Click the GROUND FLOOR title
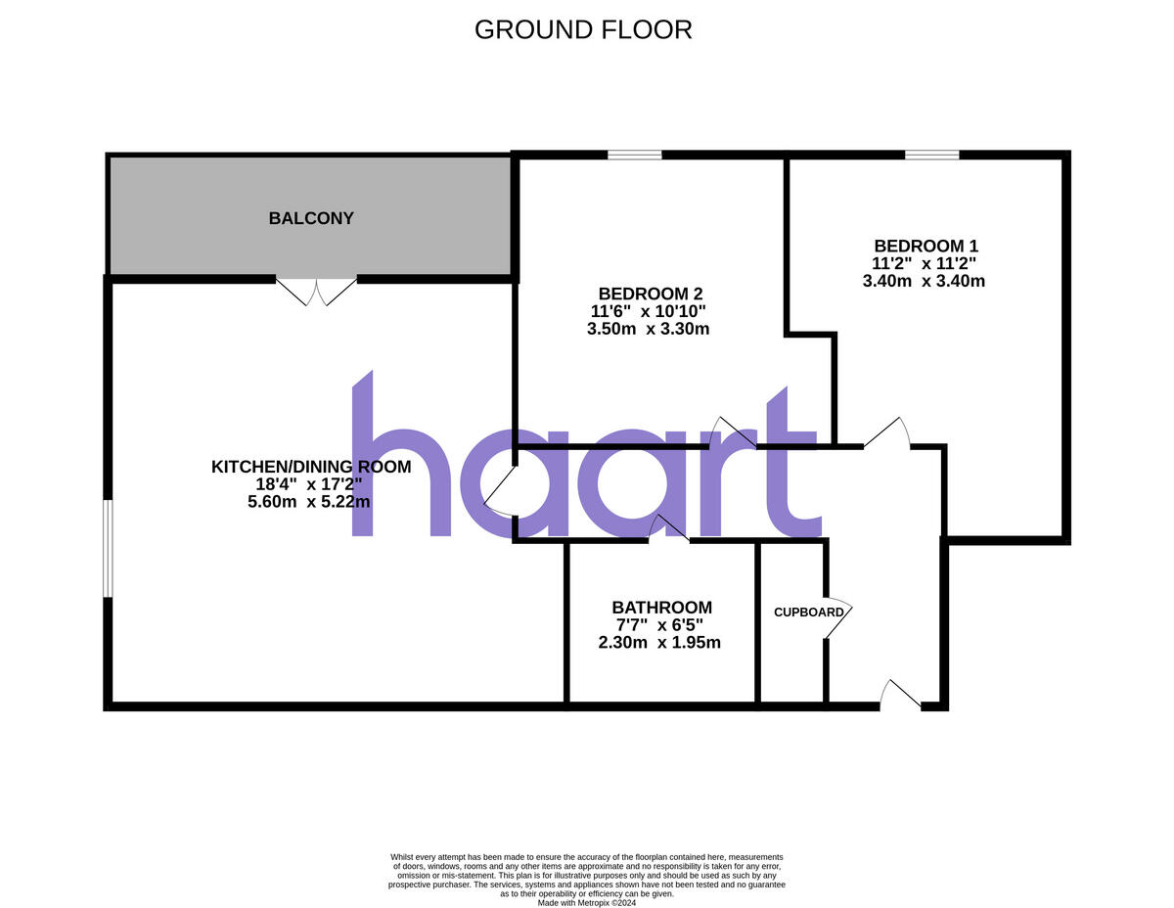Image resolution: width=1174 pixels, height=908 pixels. pyautogui.click(x=583, y=29)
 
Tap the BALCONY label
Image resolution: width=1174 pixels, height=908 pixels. pyautogui.click(x=311, y=218)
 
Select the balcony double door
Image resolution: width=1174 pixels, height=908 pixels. pyautogui.click(x=316, y=291)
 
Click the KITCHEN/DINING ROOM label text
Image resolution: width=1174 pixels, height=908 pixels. pyautogui.click(x=311, y=467)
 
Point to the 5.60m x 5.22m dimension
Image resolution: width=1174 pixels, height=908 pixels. pyautogui.click(x=309, y=502)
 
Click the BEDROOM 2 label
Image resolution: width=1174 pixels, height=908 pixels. pyautogui.click(x=651, y=294)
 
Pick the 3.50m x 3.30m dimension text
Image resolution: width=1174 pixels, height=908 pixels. pyautogui.click(x=648, y=329)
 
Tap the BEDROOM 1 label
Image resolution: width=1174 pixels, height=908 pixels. pyautogui.click(x=926, y=246)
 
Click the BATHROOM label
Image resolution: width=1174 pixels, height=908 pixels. pyautogui.click(x=662, y=608)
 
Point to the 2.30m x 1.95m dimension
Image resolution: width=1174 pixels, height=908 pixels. pyautogui.click(x=659, y=643)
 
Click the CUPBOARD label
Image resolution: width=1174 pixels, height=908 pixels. pyautogui.click(x=809, y=613)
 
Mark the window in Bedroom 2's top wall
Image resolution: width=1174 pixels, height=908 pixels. pyautogui.click(x=634, y=155)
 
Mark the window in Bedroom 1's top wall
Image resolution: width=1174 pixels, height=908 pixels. pyautogui.click(x=931, y=155)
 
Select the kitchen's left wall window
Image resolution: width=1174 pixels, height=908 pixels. pyautogui.click(x=109, y=548)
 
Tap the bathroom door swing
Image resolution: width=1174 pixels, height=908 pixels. pyautogui.click(x=670, y=528)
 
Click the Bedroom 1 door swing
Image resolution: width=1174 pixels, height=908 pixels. pyautogui.click(x=887, y=432)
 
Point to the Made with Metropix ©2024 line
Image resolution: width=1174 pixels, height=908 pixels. pyautogui.click(x=587, y=903)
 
